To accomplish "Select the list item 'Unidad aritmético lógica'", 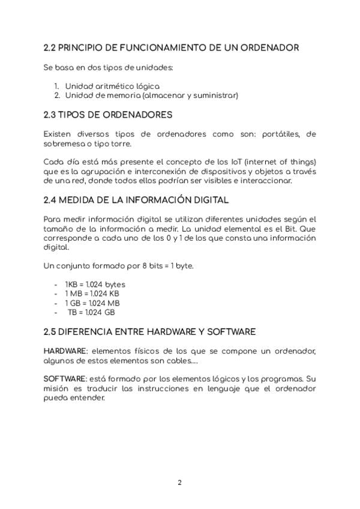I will coord(112,86).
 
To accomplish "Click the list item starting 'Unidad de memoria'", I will coord(151,95).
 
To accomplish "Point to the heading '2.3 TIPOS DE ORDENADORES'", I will coord(108,115).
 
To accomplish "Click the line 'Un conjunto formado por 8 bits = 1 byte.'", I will coord(119,266).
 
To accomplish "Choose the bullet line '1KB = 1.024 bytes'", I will coord(95,285).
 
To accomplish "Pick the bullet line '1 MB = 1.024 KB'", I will coord(92,294).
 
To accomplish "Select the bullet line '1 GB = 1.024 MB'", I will coord(92,303).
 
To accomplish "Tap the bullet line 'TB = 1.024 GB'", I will coord(91,312).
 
